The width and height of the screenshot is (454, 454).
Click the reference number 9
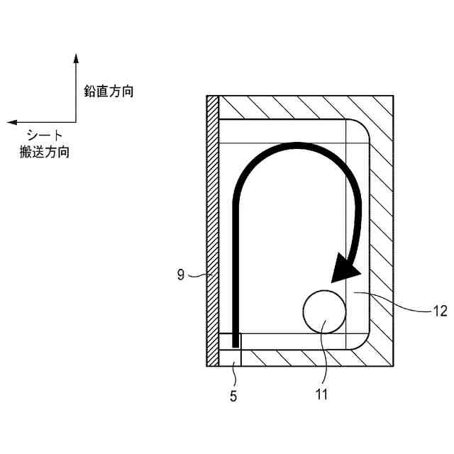coord(181,275)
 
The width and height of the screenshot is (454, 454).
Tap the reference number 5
coord(233,396)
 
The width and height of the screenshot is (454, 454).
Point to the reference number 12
coord(440,310)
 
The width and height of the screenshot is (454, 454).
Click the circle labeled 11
coord(324,311)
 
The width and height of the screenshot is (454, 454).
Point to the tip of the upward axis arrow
coord(75,54)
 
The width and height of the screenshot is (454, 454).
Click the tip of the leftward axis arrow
coord(9,122)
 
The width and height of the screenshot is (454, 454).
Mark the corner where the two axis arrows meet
coord(75,122)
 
